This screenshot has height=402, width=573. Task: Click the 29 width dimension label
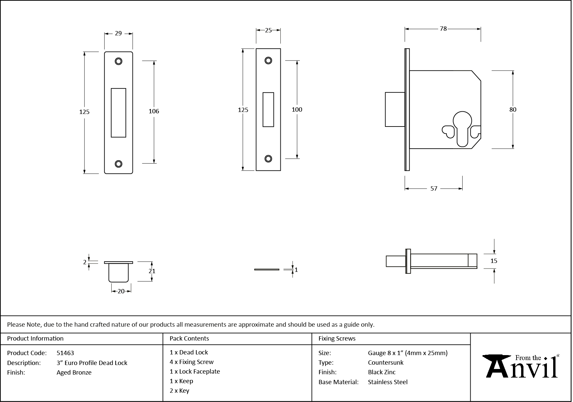pyautogui.click(x=118, y=33)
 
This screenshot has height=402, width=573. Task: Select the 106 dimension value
pyautogui.click(x=154, y=111)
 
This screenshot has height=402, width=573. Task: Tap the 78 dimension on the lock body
pyautogui.click(x=443, y=29)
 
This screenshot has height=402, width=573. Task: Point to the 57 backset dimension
pyautogui.click(x=434, y=189)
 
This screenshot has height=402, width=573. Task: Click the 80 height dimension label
pyautogui.click(x=513, y=109)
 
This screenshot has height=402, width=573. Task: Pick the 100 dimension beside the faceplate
pyautogui.click(x=297, y=109)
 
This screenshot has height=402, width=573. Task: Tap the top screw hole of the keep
pyautogui.click(x=119, y=61)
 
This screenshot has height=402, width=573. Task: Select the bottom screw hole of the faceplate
pyautogui.click(x=268, y=159)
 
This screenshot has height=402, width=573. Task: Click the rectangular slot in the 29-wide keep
pyautogui.click(x=119, y=113)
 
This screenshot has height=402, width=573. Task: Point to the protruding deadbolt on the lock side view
pyautogui.click(x=395, y=109)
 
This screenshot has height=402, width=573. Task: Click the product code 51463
pyautogui.click(x=65, y=353)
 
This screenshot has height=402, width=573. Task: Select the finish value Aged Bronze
pyautogui.click(x=74, y=372)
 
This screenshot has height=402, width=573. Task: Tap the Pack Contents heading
pyautogui.click(x=189, y=338)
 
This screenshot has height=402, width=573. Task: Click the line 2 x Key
pyautogui.click(x=179, y=391)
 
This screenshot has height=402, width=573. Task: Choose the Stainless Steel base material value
pyautogui.click(x=388, y=382)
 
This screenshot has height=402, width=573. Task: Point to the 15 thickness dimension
pyautogui.click(x=494, y=261)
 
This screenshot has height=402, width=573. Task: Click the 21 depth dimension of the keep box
pyautogui.click(x=152, y=271)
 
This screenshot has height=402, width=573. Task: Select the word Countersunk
pyautogui.click(x=386, y=362)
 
